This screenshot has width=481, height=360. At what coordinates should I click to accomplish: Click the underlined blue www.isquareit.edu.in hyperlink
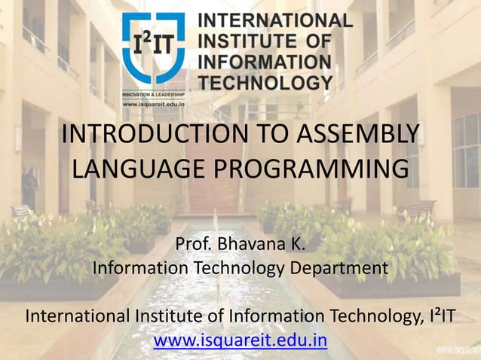[x=240, y=340]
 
